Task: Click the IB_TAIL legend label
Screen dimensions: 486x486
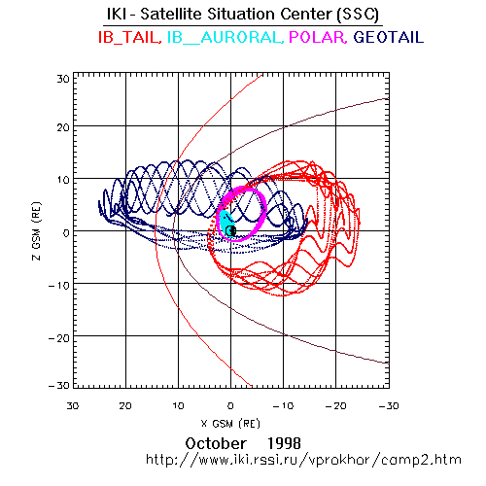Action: (x=130, y=37)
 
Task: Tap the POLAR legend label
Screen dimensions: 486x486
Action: (x=318, y=37)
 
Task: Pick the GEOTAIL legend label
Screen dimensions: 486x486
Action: (x=389, y=37)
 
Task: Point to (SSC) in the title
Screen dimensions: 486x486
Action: (x=358, y=15)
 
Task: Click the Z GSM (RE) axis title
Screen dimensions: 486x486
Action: (x=37, y=231)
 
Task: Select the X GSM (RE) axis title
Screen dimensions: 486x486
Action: (x=230, y=424)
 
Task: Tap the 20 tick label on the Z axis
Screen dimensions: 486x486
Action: (x=63, y=127)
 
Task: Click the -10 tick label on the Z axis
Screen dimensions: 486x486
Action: (x=59, y=286)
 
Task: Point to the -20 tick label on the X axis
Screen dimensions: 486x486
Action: (x=336, y=406)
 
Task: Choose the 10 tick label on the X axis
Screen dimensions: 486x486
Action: (x=178, y=406)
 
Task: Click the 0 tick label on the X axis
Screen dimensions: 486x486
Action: (x=230, y=406)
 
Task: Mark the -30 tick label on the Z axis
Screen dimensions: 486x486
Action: (x=59, y=386)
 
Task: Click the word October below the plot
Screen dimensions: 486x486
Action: (x=216, y=443)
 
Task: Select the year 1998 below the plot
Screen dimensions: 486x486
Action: (x=284, y=443)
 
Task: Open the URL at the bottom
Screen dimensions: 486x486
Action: (x=303, y=460)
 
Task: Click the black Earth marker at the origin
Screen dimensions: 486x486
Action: (x=230, y=230)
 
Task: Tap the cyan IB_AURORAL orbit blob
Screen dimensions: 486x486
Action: (x=226, y=223)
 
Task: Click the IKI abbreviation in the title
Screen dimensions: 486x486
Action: (x=117, y=15)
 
